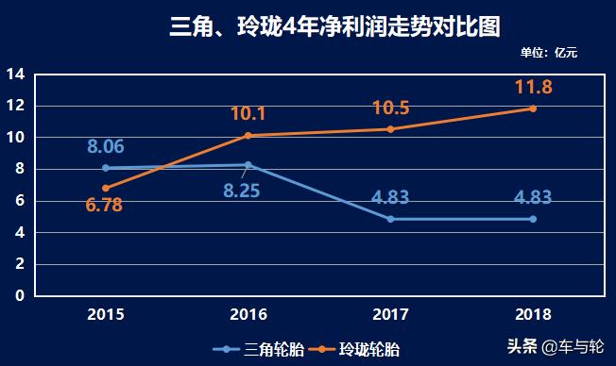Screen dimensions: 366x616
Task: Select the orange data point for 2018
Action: coord(533,108)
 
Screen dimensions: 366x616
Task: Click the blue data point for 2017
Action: coord(390,219)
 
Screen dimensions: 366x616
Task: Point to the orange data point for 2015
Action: coord(106,188)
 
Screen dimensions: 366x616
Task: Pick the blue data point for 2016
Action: coord(248,165)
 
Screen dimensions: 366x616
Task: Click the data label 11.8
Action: coord(533,88)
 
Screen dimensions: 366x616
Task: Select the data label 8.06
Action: coord(106,146)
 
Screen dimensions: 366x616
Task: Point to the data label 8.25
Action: coord(241,191)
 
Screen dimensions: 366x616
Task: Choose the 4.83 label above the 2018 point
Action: coord(533,198)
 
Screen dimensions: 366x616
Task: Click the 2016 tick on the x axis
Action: coord(248,314)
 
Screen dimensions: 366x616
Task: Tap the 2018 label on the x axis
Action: coord(533,314)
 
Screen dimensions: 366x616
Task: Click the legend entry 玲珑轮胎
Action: coord(358,349)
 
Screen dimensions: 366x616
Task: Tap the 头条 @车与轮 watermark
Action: coord(558,345)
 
